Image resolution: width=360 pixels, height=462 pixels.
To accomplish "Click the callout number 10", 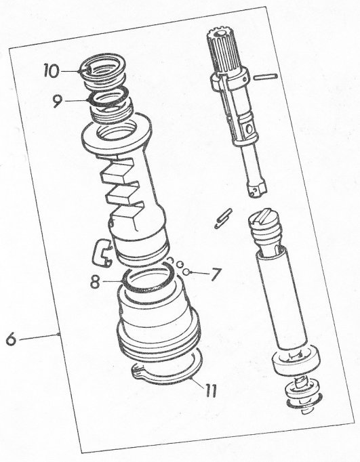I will coord(51,70).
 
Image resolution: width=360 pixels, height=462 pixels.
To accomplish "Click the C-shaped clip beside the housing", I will coord(102,252).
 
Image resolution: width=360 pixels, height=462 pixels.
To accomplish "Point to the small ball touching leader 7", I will coord(184,272).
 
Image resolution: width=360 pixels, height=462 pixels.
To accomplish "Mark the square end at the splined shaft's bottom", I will coord(257,189).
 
